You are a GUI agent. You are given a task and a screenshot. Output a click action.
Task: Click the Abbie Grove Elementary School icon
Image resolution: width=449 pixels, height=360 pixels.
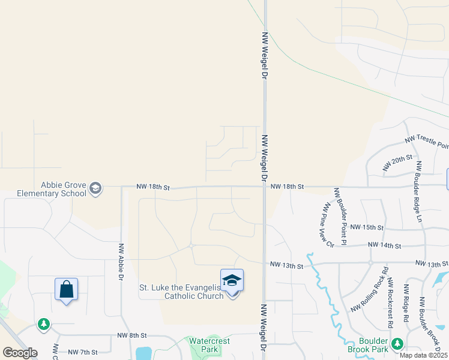(x=95, y=189)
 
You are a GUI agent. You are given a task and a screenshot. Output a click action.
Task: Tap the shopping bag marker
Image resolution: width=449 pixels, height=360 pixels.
(x=66, y=289)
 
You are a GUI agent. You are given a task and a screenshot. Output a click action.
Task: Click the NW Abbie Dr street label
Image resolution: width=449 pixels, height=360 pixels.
(x=121, y=262)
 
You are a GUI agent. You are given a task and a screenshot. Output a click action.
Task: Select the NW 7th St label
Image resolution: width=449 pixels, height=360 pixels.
(x=83, y=352)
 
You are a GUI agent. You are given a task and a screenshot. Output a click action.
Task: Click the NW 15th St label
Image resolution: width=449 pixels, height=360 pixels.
(x=366, y=227)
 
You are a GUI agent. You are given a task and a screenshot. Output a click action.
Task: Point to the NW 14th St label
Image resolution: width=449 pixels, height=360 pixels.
(x=384, y=245)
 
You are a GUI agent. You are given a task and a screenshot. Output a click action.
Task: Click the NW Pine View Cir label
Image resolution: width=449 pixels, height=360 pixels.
(x=328, y=225)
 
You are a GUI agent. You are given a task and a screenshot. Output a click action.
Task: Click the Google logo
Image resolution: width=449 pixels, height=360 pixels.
(x=20, y=352)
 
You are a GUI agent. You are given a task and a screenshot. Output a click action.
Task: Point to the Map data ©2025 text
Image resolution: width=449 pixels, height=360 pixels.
(x=424, y=355)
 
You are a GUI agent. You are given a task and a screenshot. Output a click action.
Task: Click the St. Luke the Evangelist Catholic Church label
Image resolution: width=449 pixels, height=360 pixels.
(x=181, y=291)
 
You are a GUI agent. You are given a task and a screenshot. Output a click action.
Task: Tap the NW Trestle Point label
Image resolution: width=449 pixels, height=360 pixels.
(x=426, y=142)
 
